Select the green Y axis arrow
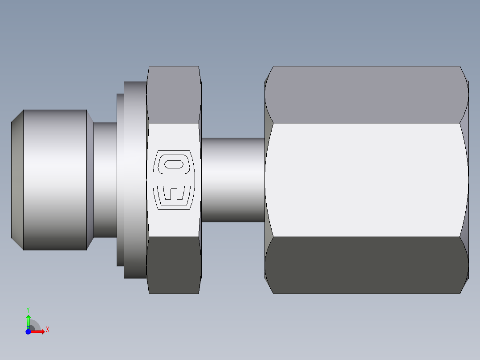point(28,320)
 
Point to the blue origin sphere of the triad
point(28,331)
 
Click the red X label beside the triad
point(48,330)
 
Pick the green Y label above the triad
point(28,309)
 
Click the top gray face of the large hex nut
point(366,94)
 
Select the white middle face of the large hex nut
point(366,180)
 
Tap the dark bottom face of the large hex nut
point(366,265)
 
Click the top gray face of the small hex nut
point(174,94)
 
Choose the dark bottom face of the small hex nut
point(174,265)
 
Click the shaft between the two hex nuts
point(232,180)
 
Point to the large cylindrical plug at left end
point(54,180)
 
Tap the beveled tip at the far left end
point(17,180)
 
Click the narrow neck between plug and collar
point(105,180)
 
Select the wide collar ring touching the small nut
point(135,180)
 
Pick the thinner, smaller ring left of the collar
point(120,180)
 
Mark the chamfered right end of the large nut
point(464,180)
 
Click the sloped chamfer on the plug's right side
point(90,180)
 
